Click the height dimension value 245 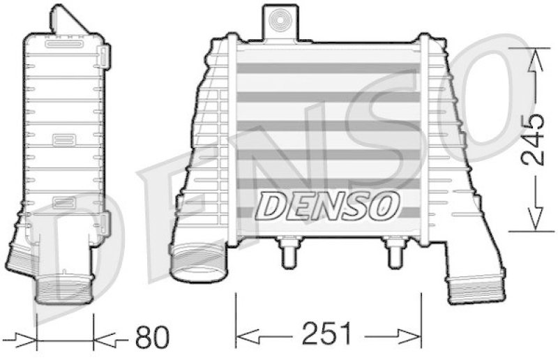click(x=532, y=139)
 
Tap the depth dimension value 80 click(x=151, y=338)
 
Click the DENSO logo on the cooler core click(x=329, y=205)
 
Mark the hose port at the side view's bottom click(x=63, y=287)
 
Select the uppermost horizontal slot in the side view click(x=63, y=44)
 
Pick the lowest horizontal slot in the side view click(x=63, y=203)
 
